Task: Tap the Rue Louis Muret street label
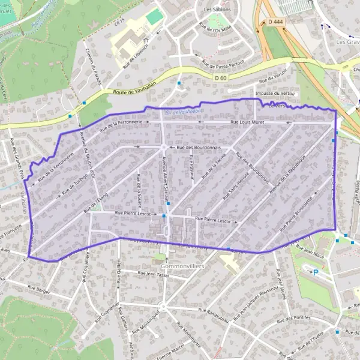[247, 122]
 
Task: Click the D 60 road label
[221, 77]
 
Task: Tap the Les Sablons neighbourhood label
[217, 10]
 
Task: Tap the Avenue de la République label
[287, 175]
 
